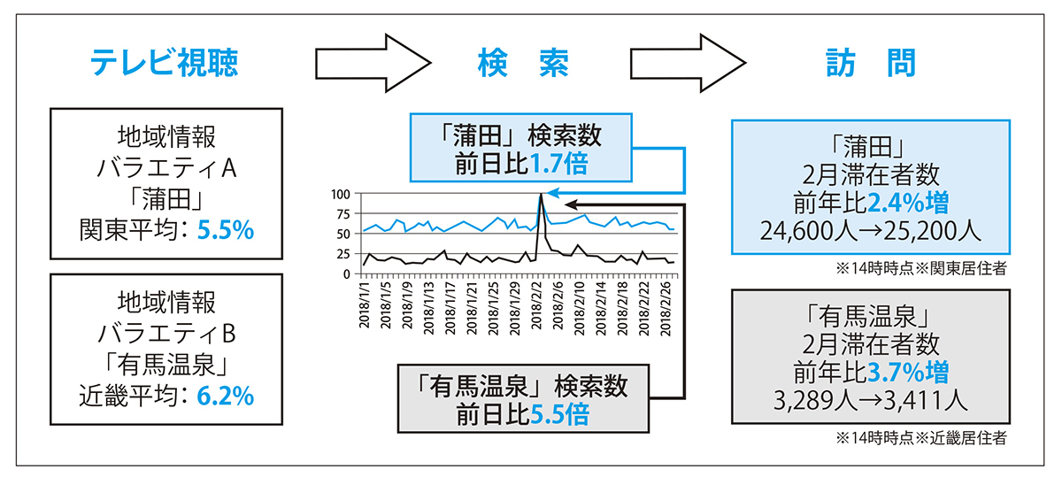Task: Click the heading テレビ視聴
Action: click(x=165, y=62)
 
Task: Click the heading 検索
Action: click(x=522, y=62)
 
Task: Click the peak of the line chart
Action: click(x=540, y=194)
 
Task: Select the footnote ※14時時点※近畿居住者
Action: click(x=920, y=436)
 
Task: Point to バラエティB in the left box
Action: click(x=166, y=332)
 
